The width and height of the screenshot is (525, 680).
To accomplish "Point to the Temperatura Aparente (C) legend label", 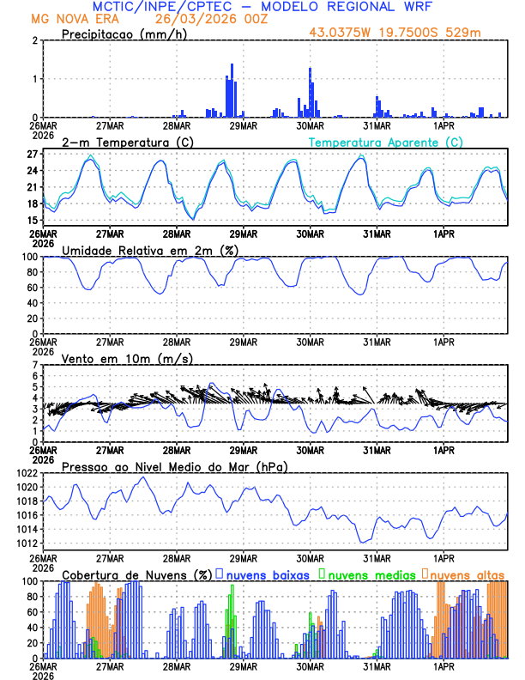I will click(x=386, y=142).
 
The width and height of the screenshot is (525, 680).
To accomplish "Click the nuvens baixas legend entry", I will click(x=266, y=574).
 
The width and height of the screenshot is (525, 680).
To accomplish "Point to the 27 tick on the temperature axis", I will click(x=31, y=155).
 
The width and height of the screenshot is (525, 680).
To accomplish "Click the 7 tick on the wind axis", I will click(x=34, y=366).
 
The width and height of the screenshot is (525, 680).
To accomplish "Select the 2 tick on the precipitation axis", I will click(x=34, y=40).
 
